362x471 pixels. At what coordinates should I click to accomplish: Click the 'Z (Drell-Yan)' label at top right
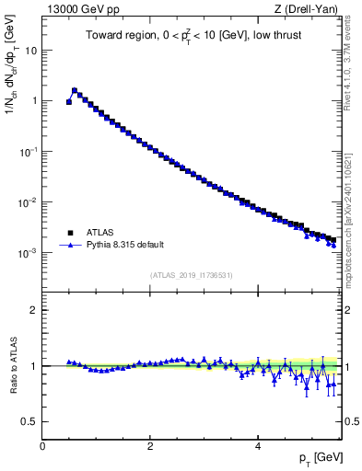(310, 9)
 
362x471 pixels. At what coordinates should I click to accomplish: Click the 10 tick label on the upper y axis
(29, 51)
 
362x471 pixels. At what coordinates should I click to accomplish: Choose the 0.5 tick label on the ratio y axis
(29, 421)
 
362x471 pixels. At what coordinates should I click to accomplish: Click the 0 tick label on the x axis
(42, 444)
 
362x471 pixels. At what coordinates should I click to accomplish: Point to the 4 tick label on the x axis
(257, 444)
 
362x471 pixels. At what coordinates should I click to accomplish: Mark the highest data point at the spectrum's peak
(75, 90)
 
